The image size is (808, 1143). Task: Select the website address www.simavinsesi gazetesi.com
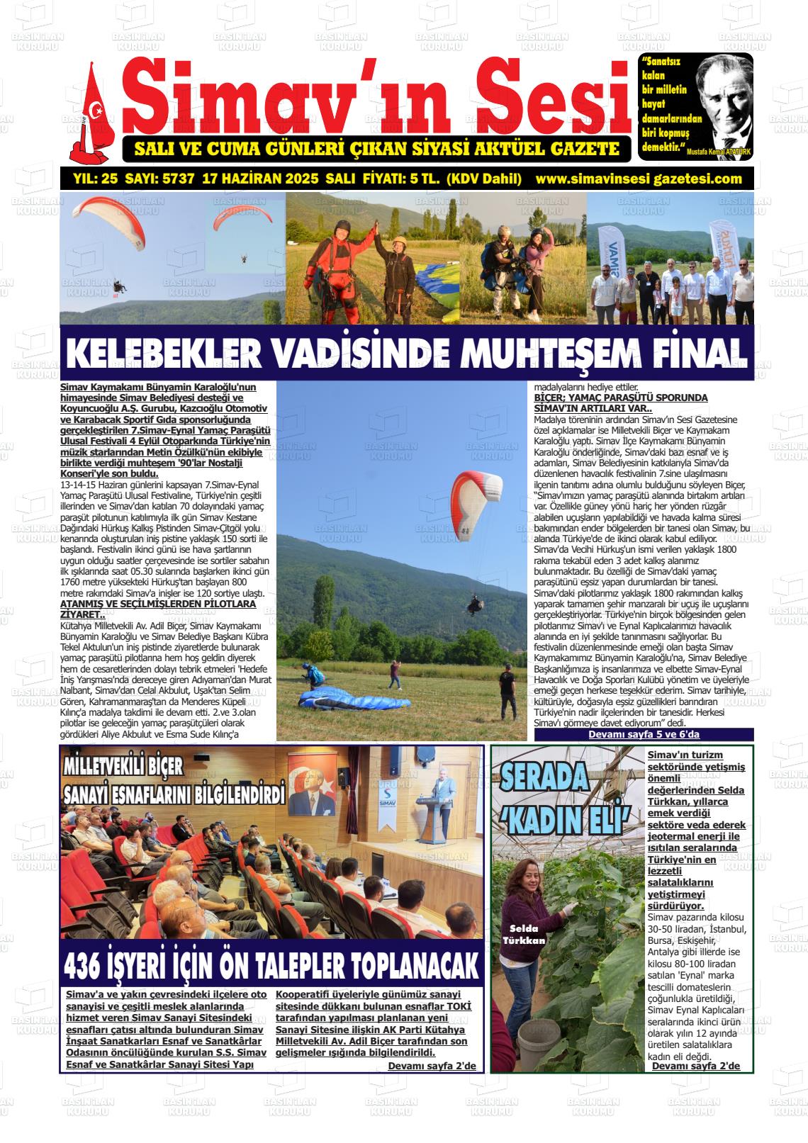(x=639, y=179)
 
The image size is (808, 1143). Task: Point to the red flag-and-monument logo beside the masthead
(x=91, y=113)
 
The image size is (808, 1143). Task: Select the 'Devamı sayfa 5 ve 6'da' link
(x=644, y=735)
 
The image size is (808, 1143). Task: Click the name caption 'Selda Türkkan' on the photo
(x=524, y=935)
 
